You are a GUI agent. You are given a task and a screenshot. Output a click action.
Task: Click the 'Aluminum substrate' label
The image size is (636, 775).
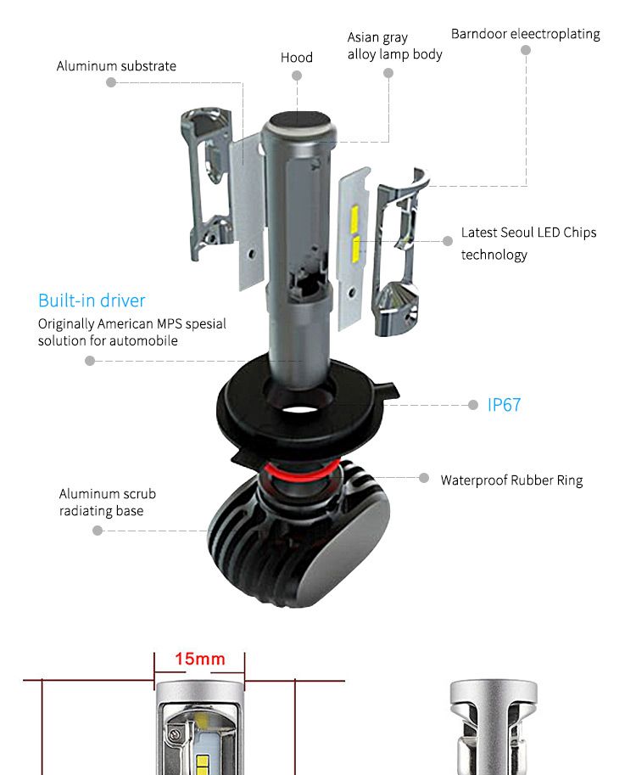[x=116, y=66]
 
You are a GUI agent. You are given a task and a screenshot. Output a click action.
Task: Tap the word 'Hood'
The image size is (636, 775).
[x=297, y=58]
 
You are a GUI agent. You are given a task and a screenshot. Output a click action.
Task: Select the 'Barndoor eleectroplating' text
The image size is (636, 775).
[x=525, y=34]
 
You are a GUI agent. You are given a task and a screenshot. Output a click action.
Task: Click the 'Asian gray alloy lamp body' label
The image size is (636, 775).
[x=394, y=46]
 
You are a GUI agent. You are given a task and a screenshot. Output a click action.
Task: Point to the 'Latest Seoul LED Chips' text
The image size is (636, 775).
[x=528, y=233]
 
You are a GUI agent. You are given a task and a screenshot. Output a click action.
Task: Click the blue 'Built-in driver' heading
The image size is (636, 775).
[x=92, y=300]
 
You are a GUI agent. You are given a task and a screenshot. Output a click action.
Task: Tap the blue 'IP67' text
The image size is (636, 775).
[x=505, y=405]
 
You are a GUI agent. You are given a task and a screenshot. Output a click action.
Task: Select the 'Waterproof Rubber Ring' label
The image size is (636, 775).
[x=511, y=480]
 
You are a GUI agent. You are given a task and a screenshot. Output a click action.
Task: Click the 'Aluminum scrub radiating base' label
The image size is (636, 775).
[x=107, y=503]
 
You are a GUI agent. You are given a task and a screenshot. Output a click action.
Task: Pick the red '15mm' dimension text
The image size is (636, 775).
[x=200, y=659]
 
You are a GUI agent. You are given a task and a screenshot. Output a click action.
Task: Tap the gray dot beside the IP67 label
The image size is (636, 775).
[x=473, y=405]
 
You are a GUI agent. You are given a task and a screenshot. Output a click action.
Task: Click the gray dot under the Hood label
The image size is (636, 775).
[x=297, y=76]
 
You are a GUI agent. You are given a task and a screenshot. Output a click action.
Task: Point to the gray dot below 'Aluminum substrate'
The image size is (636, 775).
[x=111, y=82]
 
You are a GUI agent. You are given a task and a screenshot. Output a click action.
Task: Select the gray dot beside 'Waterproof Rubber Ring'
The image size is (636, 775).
[x=425, y=478]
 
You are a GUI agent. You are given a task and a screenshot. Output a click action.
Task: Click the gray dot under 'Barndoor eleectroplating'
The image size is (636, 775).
[x=526, y=50]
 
